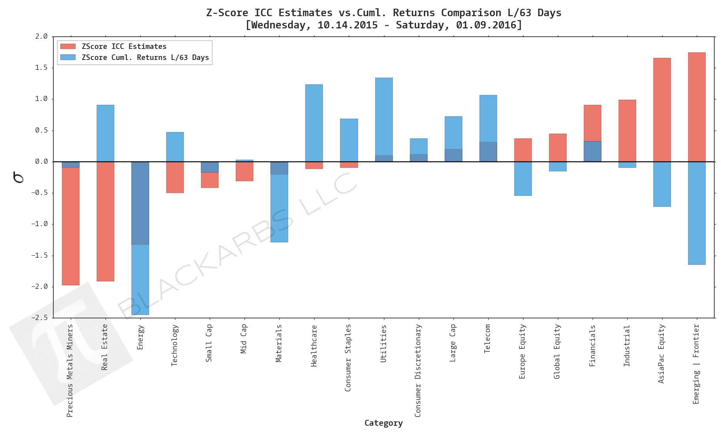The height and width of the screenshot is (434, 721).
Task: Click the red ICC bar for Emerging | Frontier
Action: pyautogui.click(x=697, y=107)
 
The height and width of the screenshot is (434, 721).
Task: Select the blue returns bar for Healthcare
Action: pyautogui.click(x=314, y=123)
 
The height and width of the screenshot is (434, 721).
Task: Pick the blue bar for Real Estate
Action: pyautogui.click(x=105, y=133)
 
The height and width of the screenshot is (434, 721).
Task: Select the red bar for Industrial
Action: pyautogui.click(x=627, y=131)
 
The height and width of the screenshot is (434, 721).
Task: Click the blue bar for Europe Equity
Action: pyautogui.click(x=523, y=178)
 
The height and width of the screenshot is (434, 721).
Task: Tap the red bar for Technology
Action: pyautogui.click(x=175, y=177)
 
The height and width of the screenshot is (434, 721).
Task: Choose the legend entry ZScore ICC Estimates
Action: pyautogui.click(x=124, y=47)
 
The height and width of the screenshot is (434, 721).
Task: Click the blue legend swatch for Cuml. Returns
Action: pyautogui.click(x=68, y=58)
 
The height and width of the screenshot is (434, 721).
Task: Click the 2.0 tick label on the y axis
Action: pyautogui.click(x=41, y=36)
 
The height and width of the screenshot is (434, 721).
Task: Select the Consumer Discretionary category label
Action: pyautogui.click(x=418, y=370)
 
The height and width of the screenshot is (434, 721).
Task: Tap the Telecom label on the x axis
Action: pyautogui.click(x=488, y=339)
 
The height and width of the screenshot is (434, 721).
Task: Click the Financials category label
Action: pyautogui.click(x=592, y=346)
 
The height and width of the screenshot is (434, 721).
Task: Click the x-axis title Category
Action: pyautogui.click(x=383, y=423)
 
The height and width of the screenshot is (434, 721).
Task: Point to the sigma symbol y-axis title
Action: pyautogui.click(x=19, y=177)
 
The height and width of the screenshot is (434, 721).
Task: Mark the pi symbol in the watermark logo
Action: pyautogui.click(x=65, y=335)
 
